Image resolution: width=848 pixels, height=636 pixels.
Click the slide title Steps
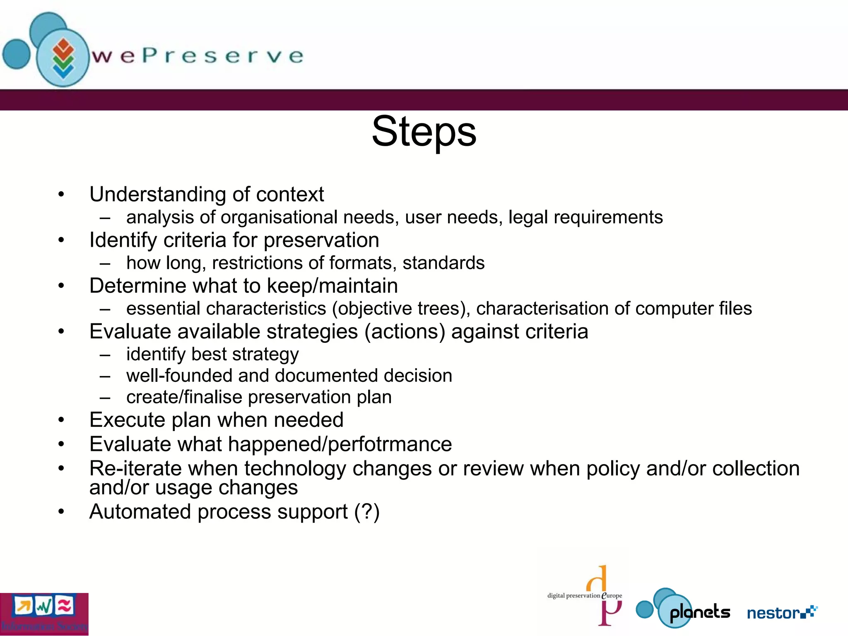click(x=424, y=132)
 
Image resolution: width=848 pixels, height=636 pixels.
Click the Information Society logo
click(x=44, y=614)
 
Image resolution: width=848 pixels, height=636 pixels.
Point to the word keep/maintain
click(x=332, y=286)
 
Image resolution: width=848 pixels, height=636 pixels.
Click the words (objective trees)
click(x=401, y=309)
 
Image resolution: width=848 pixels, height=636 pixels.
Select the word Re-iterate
click(x=135, y=469)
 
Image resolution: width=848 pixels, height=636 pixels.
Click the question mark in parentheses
click(x=367, y=512)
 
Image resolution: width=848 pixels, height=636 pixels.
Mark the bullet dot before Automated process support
click(x=61, y=512)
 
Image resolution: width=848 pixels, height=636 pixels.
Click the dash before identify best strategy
click(x=105, y=355)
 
